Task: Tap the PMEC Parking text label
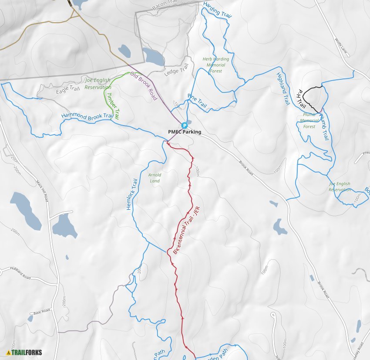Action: point(185,132)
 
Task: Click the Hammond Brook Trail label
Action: point(87,117)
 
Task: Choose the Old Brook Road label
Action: point(144,86)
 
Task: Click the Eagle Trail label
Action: point(69,90)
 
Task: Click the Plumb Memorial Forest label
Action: point(309,121)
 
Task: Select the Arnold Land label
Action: point(155,178)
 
